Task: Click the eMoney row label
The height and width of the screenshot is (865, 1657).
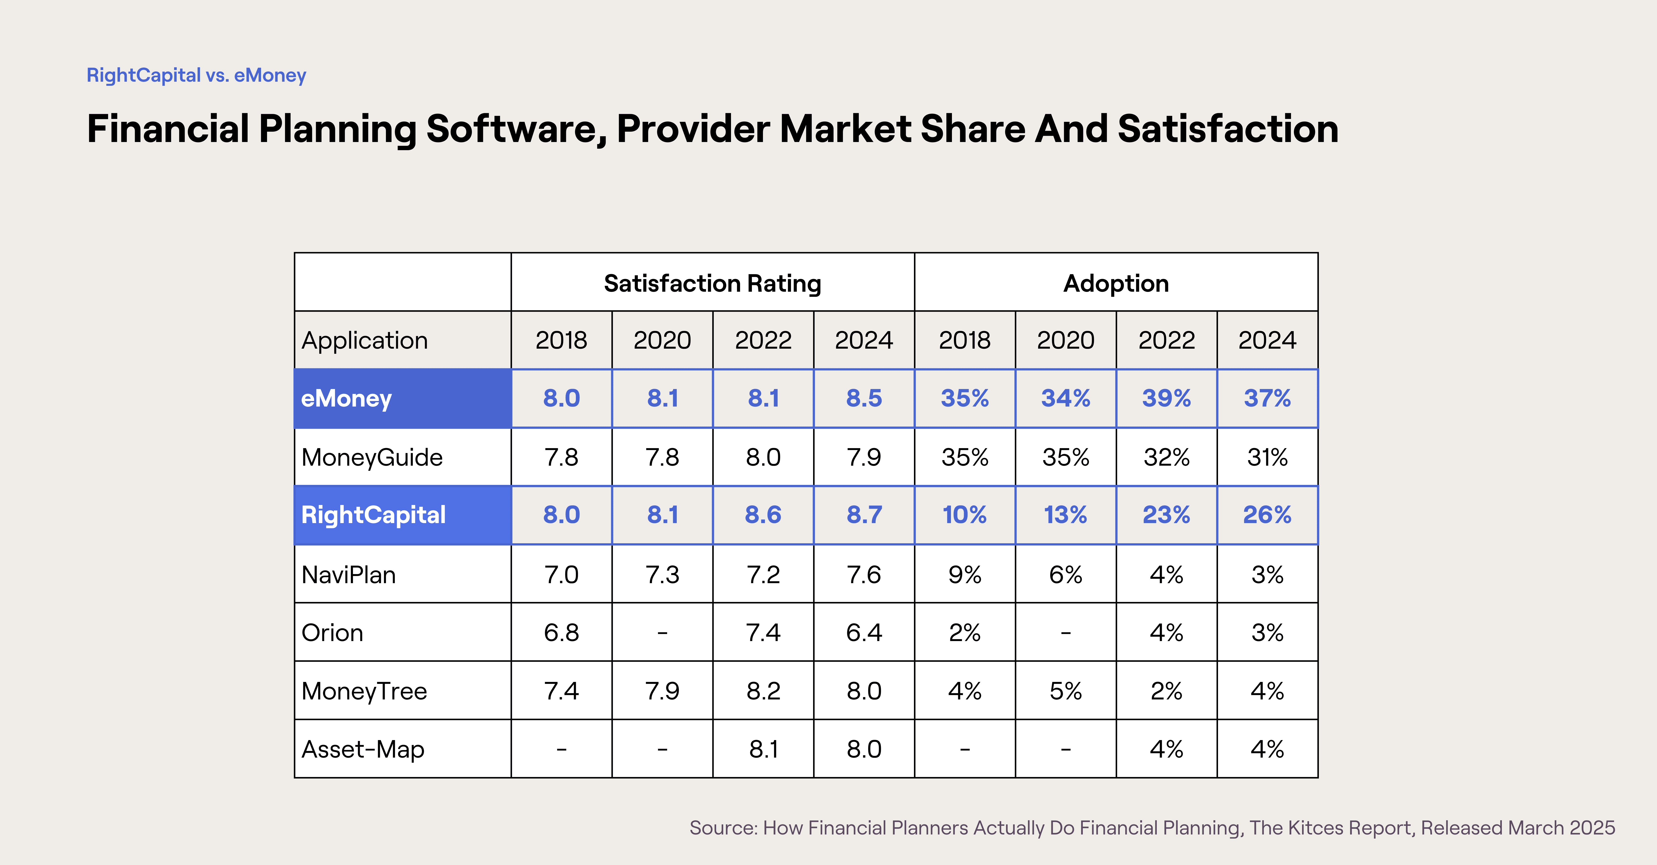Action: click(x=346, y=398)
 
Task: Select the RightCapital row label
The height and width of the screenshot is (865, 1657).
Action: click(x=373, y=515)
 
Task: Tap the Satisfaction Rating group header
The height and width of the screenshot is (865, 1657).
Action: click(x=712, y=283)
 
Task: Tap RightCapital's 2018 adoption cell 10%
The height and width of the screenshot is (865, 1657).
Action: click(x=964, y=515)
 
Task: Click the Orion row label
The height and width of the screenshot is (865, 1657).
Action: click(x=332, y=633)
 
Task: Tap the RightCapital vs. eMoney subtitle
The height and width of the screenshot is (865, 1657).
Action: click(x=196, y=75)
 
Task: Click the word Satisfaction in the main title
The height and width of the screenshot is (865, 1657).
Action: click(x=1227, y=129)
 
